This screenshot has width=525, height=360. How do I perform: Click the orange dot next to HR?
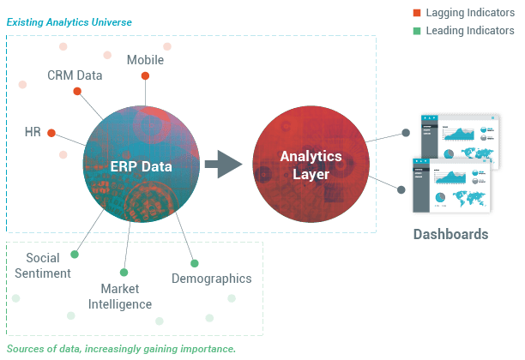(x=51, y=133)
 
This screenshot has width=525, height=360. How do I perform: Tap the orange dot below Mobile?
(x=145, y=76)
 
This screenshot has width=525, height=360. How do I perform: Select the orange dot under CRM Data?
(x=77, y=91)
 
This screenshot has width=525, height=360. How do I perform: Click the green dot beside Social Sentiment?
(x=75, y=255)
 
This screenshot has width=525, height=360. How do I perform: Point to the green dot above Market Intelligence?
(x=124, y=273)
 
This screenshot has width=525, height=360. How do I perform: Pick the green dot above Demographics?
(x=195, y=263)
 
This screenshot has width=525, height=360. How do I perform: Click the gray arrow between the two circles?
(x=223, y=164)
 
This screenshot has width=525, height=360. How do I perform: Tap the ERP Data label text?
(x=141, y=166)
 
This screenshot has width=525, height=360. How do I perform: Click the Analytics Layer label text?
(x=311, y=165)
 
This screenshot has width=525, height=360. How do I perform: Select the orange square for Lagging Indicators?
(x=417, y=13)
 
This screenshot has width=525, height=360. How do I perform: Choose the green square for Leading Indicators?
(x=417, y=31)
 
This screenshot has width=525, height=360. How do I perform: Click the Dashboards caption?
(x=450, y=234)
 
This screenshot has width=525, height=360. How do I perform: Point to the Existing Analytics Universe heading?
(x=69, y=22)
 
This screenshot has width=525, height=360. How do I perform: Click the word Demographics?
(x=212, y=279)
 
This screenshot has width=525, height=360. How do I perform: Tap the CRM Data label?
(x=75, y=75)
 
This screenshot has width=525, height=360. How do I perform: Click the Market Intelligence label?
(x=120, y=297)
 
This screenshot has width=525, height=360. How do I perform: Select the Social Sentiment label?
(x=43, y=266)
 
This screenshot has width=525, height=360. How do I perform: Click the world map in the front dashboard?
(x=468, y=198)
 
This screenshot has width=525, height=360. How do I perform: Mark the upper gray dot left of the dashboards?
(x=406, y=133)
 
